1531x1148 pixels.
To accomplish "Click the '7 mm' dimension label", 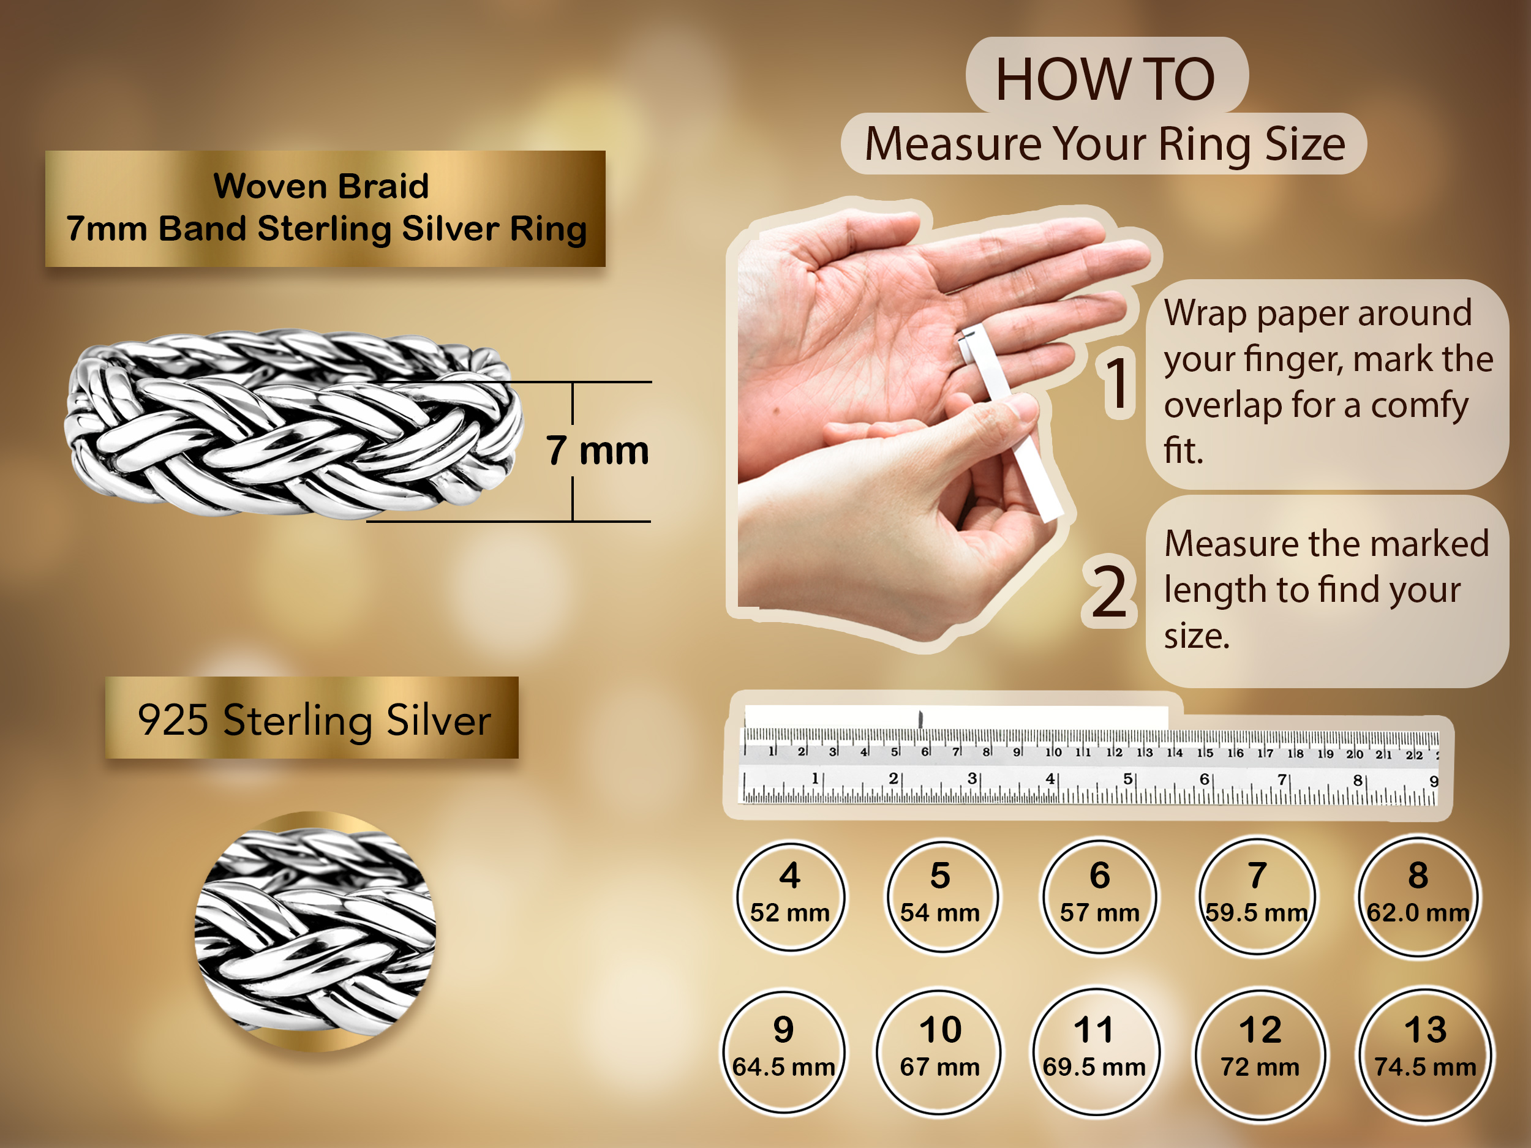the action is (597, 451).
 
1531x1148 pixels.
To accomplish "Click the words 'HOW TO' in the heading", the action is (1105, 79).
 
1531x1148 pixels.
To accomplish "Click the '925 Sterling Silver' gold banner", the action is (312, 718).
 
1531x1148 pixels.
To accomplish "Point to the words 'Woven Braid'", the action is (321, 186).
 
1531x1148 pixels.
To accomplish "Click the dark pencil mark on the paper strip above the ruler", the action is (920, 719).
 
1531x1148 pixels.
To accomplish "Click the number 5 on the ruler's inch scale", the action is (1127, 778).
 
